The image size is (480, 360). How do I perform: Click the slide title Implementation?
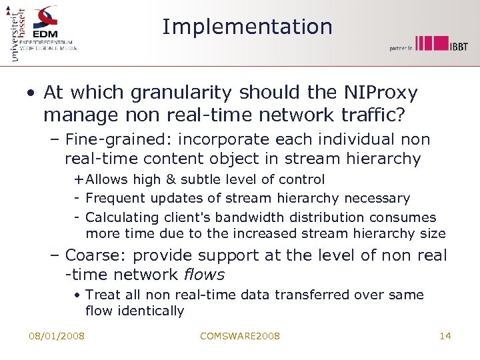click(x=247, y=27)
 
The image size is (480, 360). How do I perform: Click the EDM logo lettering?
click(x=45, y=33)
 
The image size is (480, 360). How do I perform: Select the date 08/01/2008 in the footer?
click(x=57, y=336)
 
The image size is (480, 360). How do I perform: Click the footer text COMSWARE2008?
click(x=240, y=336)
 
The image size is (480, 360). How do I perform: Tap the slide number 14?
click(x=445, y=336)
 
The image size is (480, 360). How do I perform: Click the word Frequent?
click(x=113, y=198)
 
